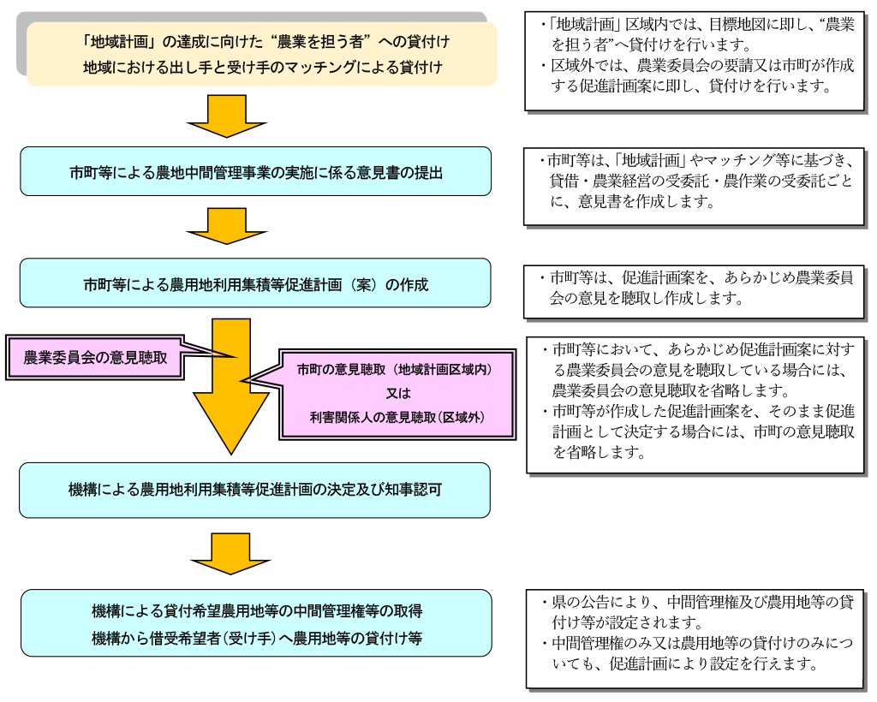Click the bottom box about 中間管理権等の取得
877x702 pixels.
pyautogui.click(x=256, y=625)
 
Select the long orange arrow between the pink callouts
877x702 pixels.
pyautogui.click(x=230, y=385)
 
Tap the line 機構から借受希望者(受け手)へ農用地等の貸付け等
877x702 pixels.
pyautogui.click(x=257, y=639)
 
